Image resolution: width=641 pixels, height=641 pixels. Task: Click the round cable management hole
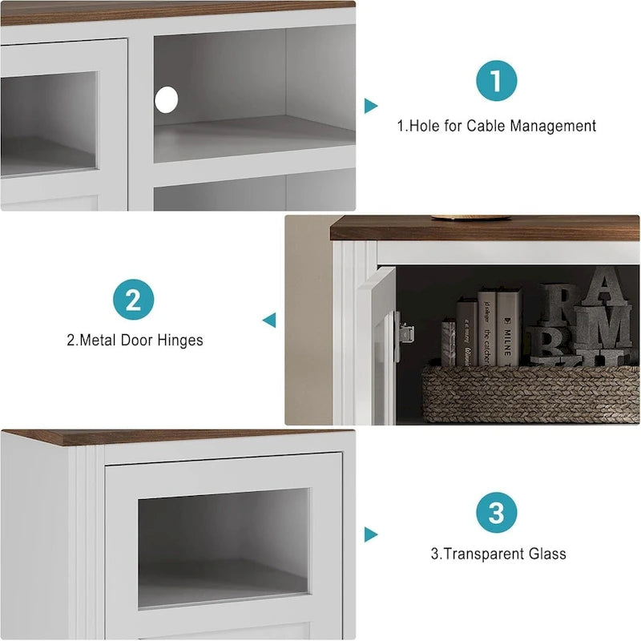click(x=166, y=99)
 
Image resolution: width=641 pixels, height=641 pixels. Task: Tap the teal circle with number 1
click(x=496, y=81)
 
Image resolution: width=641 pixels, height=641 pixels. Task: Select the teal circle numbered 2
click(x=134, y=300)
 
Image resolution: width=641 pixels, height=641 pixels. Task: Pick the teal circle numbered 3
click(x=496, y=512)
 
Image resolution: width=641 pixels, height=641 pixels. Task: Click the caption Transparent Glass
click(x=505, y=554)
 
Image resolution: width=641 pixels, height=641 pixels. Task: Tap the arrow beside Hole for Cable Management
click(x=370, y=106)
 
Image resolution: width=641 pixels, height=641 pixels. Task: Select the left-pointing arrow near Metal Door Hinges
click(x=269, y=320)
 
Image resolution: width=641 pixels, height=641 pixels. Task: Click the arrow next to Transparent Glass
click(x=370, y=534)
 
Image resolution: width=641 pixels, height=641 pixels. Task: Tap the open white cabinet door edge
click(x=377, y=345)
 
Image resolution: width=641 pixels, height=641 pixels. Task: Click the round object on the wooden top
click(x=470, y=217)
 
